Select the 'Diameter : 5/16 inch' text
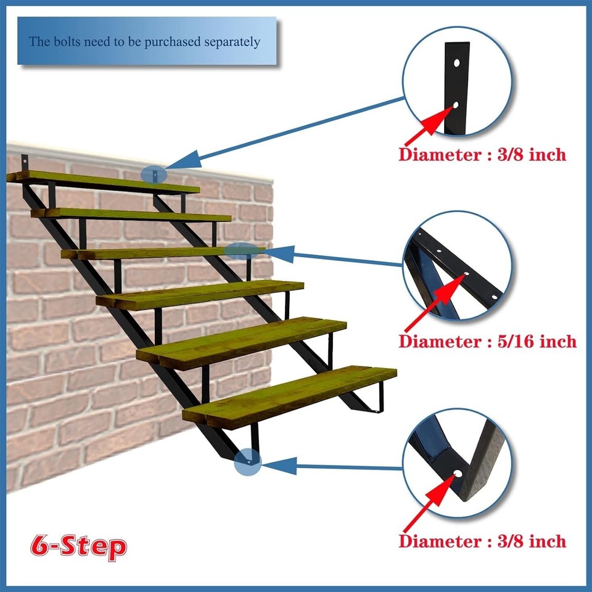(x=487, y=341)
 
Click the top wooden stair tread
(x=105, y=183)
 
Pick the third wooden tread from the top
(x=163, y=252)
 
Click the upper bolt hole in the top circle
(x=456, y=63)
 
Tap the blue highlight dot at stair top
(x=154, y=175)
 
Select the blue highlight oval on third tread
(x=241, y=250)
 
